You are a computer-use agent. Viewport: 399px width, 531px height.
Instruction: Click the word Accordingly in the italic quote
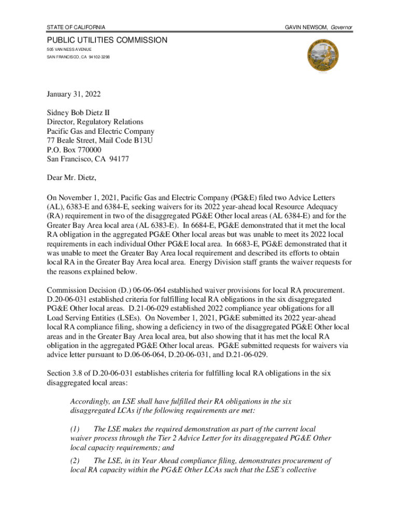[89, 401]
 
